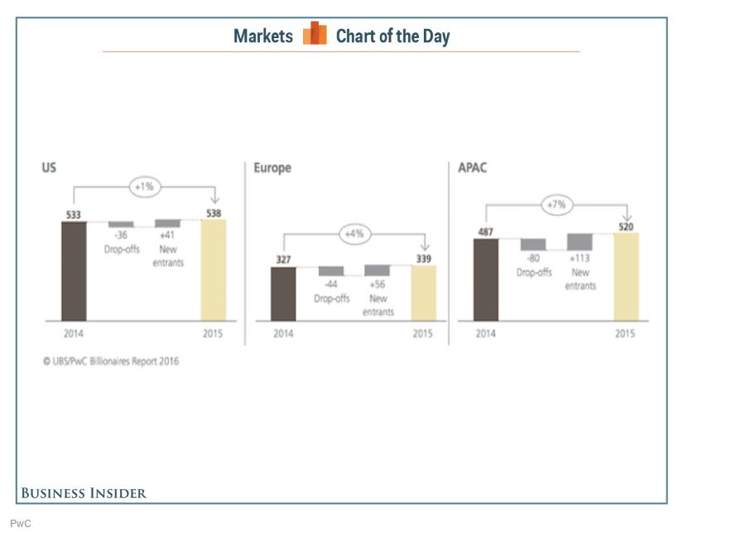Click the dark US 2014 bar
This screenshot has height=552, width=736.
point(75,271)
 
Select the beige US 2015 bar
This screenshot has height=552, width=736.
point(214,270)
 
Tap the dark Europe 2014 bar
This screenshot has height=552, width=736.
point(283,294)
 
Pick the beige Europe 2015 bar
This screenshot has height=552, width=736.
point(424,293)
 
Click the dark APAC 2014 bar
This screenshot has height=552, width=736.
point(486,279)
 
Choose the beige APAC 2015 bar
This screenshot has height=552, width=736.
point(626,277)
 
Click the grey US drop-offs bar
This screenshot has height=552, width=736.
point(121,224)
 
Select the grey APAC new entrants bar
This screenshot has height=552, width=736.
point(580,242)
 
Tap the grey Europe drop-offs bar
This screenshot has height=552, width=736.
point(331,271)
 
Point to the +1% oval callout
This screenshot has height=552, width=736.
point(145,187)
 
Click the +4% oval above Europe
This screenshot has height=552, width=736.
point(355,234)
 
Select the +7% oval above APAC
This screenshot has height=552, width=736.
point(557,205)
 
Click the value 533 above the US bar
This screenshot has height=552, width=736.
point(73,215)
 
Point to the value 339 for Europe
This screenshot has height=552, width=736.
point(424,259)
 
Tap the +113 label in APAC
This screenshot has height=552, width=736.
point(580,258)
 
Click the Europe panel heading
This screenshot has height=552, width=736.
point(272,167)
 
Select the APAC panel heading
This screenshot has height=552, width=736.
point(473,167)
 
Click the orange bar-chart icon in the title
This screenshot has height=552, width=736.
point(315,33)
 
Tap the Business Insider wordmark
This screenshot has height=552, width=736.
point(84,493)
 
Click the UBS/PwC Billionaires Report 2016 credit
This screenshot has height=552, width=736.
point(111,361)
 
